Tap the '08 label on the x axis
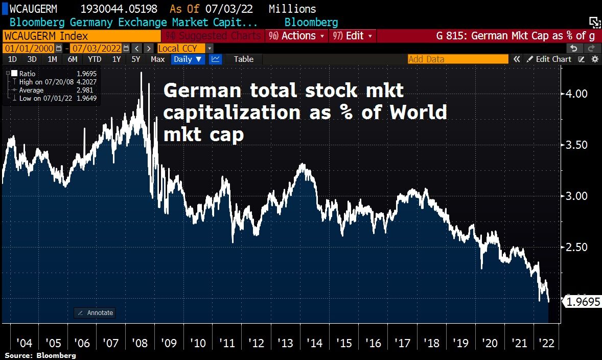point(140,343)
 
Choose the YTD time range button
point(95,59)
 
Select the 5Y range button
point(135,59)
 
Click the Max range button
point(157,59)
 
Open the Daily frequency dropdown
point(188,59)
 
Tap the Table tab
point(243,59)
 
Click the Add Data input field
point(458,59)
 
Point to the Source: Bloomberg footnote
point(40,355)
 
